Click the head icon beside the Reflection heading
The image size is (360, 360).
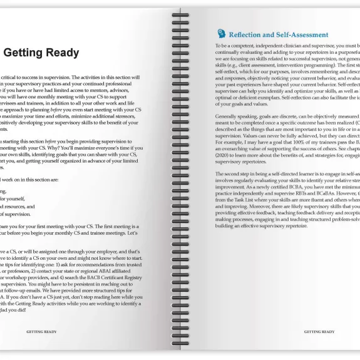click(x=221, y=34)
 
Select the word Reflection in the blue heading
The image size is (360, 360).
click(x=252, y=35)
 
